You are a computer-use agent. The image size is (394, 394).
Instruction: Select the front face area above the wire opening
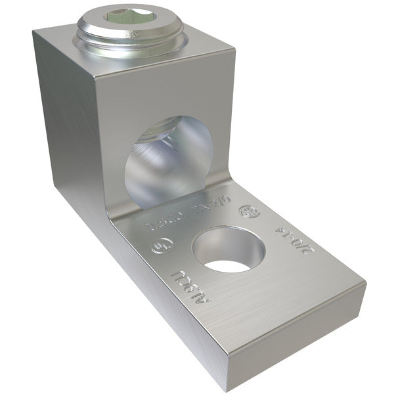164,92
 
